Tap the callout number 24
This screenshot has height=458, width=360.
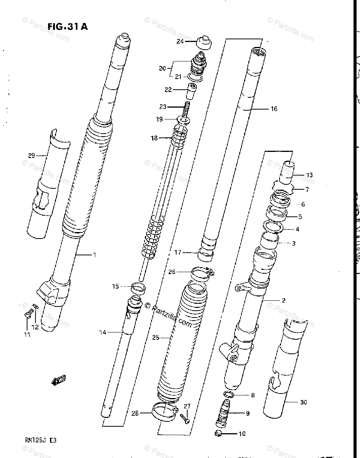point(180,41)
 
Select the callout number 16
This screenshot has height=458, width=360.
point(274,109)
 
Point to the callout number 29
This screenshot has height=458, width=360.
point(31,155)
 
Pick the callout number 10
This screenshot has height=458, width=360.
point(242,434)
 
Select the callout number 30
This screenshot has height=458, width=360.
point(303,402)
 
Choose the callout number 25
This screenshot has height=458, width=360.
point(155,337)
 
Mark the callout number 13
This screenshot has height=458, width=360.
point(309,175)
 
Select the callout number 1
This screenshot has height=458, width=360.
point(95,255)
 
